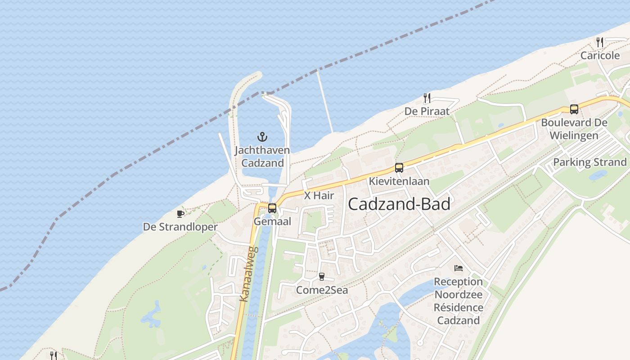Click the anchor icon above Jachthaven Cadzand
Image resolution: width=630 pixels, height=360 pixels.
pos(262,136)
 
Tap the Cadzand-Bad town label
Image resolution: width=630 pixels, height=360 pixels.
pos(399,204)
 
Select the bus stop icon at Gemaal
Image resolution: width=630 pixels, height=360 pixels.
pos(272,208)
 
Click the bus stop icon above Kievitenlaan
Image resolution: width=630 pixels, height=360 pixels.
pos(399,168)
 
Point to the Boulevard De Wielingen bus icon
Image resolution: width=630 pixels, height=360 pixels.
pos(574,109)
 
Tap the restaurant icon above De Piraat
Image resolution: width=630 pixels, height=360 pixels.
pos(427,98)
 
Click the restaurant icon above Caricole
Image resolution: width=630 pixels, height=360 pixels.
pos(600,42)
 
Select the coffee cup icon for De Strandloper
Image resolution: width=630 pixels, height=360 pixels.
pos(180,214)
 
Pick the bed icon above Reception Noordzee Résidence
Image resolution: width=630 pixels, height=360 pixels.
pos(458,268)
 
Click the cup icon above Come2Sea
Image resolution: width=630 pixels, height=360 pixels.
pos(321,276)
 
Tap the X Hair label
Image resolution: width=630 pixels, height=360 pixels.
pos(319,196)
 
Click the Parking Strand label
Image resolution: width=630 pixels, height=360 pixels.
pos(589,162)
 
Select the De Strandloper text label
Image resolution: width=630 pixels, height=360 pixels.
pos(180,227)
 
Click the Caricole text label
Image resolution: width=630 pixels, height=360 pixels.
pos(600,56)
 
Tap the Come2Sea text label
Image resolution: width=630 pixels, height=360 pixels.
pos(322,290)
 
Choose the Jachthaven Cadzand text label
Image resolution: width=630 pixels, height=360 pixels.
pos(262,156)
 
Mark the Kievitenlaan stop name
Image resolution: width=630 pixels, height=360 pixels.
pos(399,181)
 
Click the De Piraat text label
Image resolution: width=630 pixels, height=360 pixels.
pos(427,111)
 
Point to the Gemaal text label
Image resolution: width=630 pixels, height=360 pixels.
pos(272,221)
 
